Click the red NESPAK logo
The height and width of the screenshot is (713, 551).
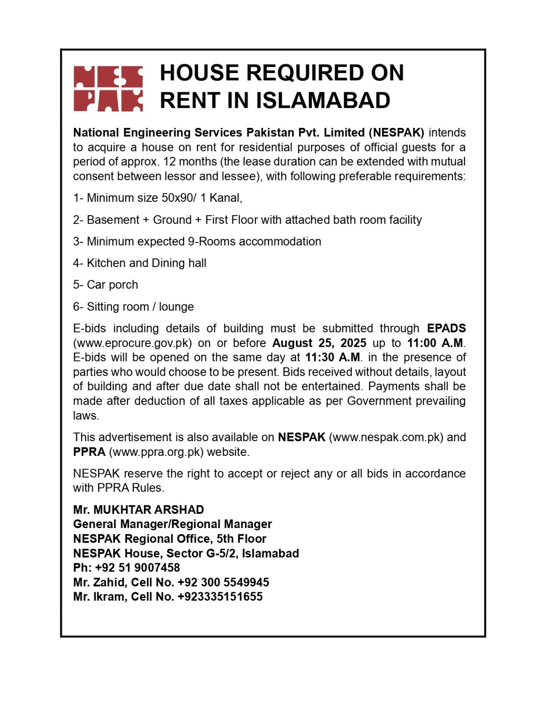108,88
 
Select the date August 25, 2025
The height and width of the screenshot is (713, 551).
319,343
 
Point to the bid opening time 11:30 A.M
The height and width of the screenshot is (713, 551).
332,357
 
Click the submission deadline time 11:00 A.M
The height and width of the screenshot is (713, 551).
435,343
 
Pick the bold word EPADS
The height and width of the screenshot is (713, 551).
446,328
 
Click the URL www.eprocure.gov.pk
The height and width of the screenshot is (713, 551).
133,343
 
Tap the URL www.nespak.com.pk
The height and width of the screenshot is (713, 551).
386,437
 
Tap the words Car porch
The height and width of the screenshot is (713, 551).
112,285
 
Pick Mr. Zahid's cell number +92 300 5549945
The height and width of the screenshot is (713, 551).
223,582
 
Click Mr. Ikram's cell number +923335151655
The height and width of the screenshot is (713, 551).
220,597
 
